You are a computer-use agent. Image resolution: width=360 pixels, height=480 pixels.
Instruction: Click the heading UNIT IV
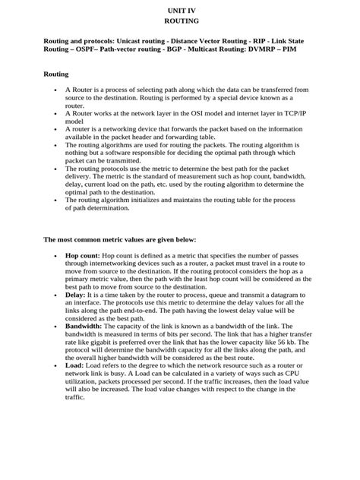coord(181,10)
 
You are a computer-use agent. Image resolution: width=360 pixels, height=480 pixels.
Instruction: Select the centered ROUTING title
coord(181,22)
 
